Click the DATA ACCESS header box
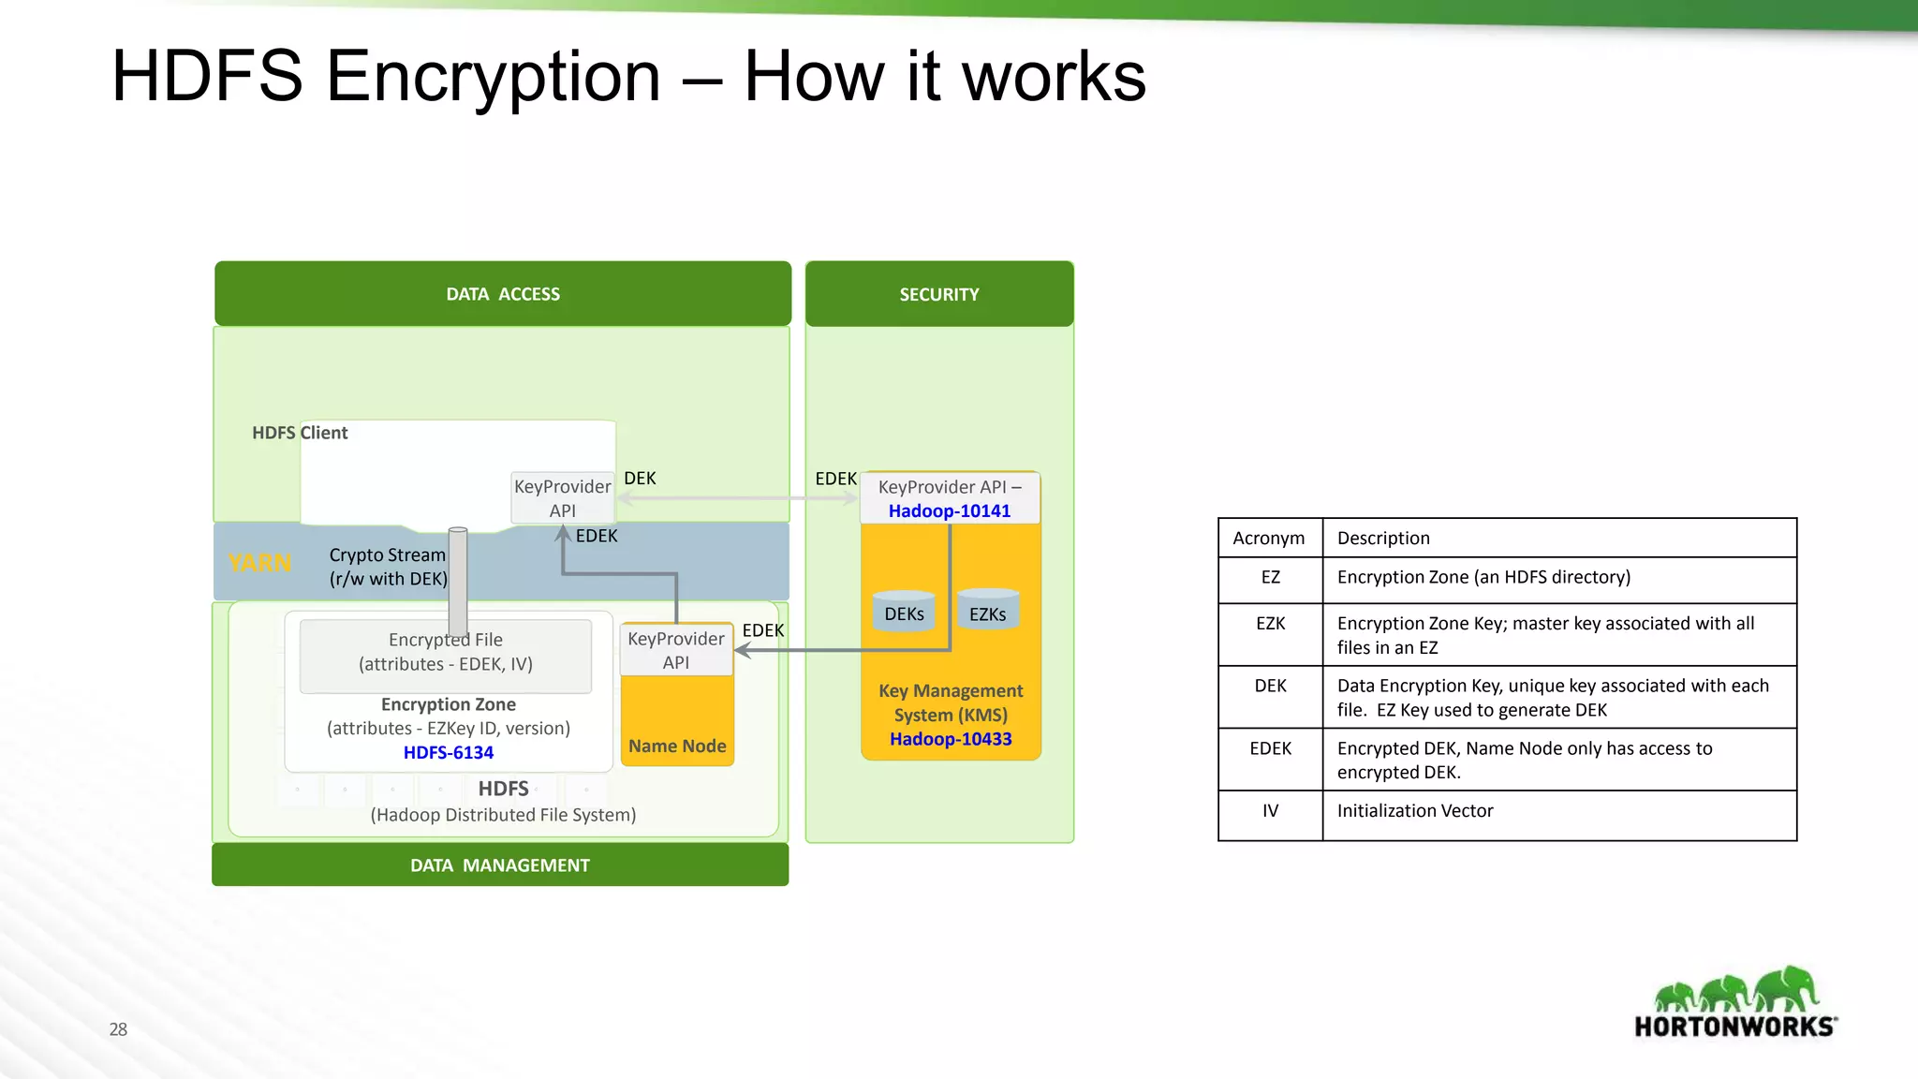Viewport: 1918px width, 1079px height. pos(503,294)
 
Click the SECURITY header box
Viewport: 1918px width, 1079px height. pos(939,294)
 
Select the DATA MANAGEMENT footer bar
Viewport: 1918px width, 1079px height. pos(500,865)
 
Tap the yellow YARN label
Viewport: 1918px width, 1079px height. pos(259,563)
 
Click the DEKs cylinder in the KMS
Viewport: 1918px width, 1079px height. pos(904,613)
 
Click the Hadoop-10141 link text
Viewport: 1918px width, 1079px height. pos(950,511)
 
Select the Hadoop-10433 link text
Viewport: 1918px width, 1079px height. pos(951,739)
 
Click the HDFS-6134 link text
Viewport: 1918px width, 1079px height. pos(449,752)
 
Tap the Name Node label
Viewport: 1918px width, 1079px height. pos(677,746)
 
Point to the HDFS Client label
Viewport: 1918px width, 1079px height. pos(300,433)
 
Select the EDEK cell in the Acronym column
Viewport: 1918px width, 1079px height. pos(1270,749)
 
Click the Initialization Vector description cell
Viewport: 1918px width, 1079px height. pos(1415,811)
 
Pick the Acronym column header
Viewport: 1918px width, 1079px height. pos(1269,538)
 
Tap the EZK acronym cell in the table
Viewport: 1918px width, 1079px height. pos(1270,624)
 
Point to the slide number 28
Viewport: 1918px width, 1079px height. pos(118,1029)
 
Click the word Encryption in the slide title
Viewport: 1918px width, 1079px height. pos(493,77)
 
